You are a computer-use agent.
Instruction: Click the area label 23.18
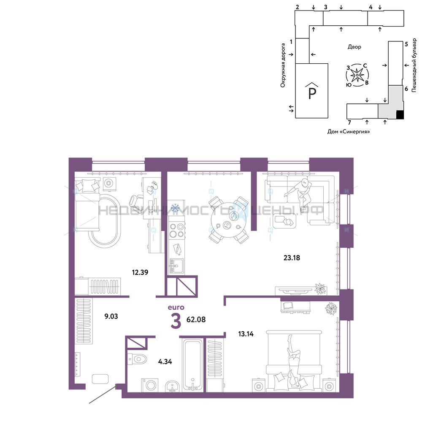(292, 258)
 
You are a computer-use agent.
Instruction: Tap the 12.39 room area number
(140, 272)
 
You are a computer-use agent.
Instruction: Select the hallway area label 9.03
(111, 316)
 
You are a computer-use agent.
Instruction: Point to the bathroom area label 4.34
(165, 362)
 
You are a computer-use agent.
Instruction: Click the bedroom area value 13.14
(246, 334)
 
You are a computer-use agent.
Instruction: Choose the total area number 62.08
(196, 319)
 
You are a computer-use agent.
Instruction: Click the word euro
(176, 307)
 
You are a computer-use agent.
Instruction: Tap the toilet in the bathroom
(137, 359)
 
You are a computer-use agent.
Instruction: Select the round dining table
(228, 220)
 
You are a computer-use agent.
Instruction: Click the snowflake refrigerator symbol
(176, 207)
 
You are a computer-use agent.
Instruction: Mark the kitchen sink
(176, 266)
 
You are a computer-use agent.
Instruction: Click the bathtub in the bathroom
(192, 365)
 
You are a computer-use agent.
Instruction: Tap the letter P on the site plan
(312, 93)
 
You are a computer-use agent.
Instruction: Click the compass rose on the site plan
(357, 75)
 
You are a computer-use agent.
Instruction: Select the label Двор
(354, 47)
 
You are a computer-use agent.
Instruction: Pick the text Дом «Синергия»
(349, 132)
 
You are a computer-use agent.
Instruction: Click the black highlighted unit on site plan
(400, 115)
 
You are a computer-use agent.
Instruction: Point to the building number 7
(349, 123)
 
